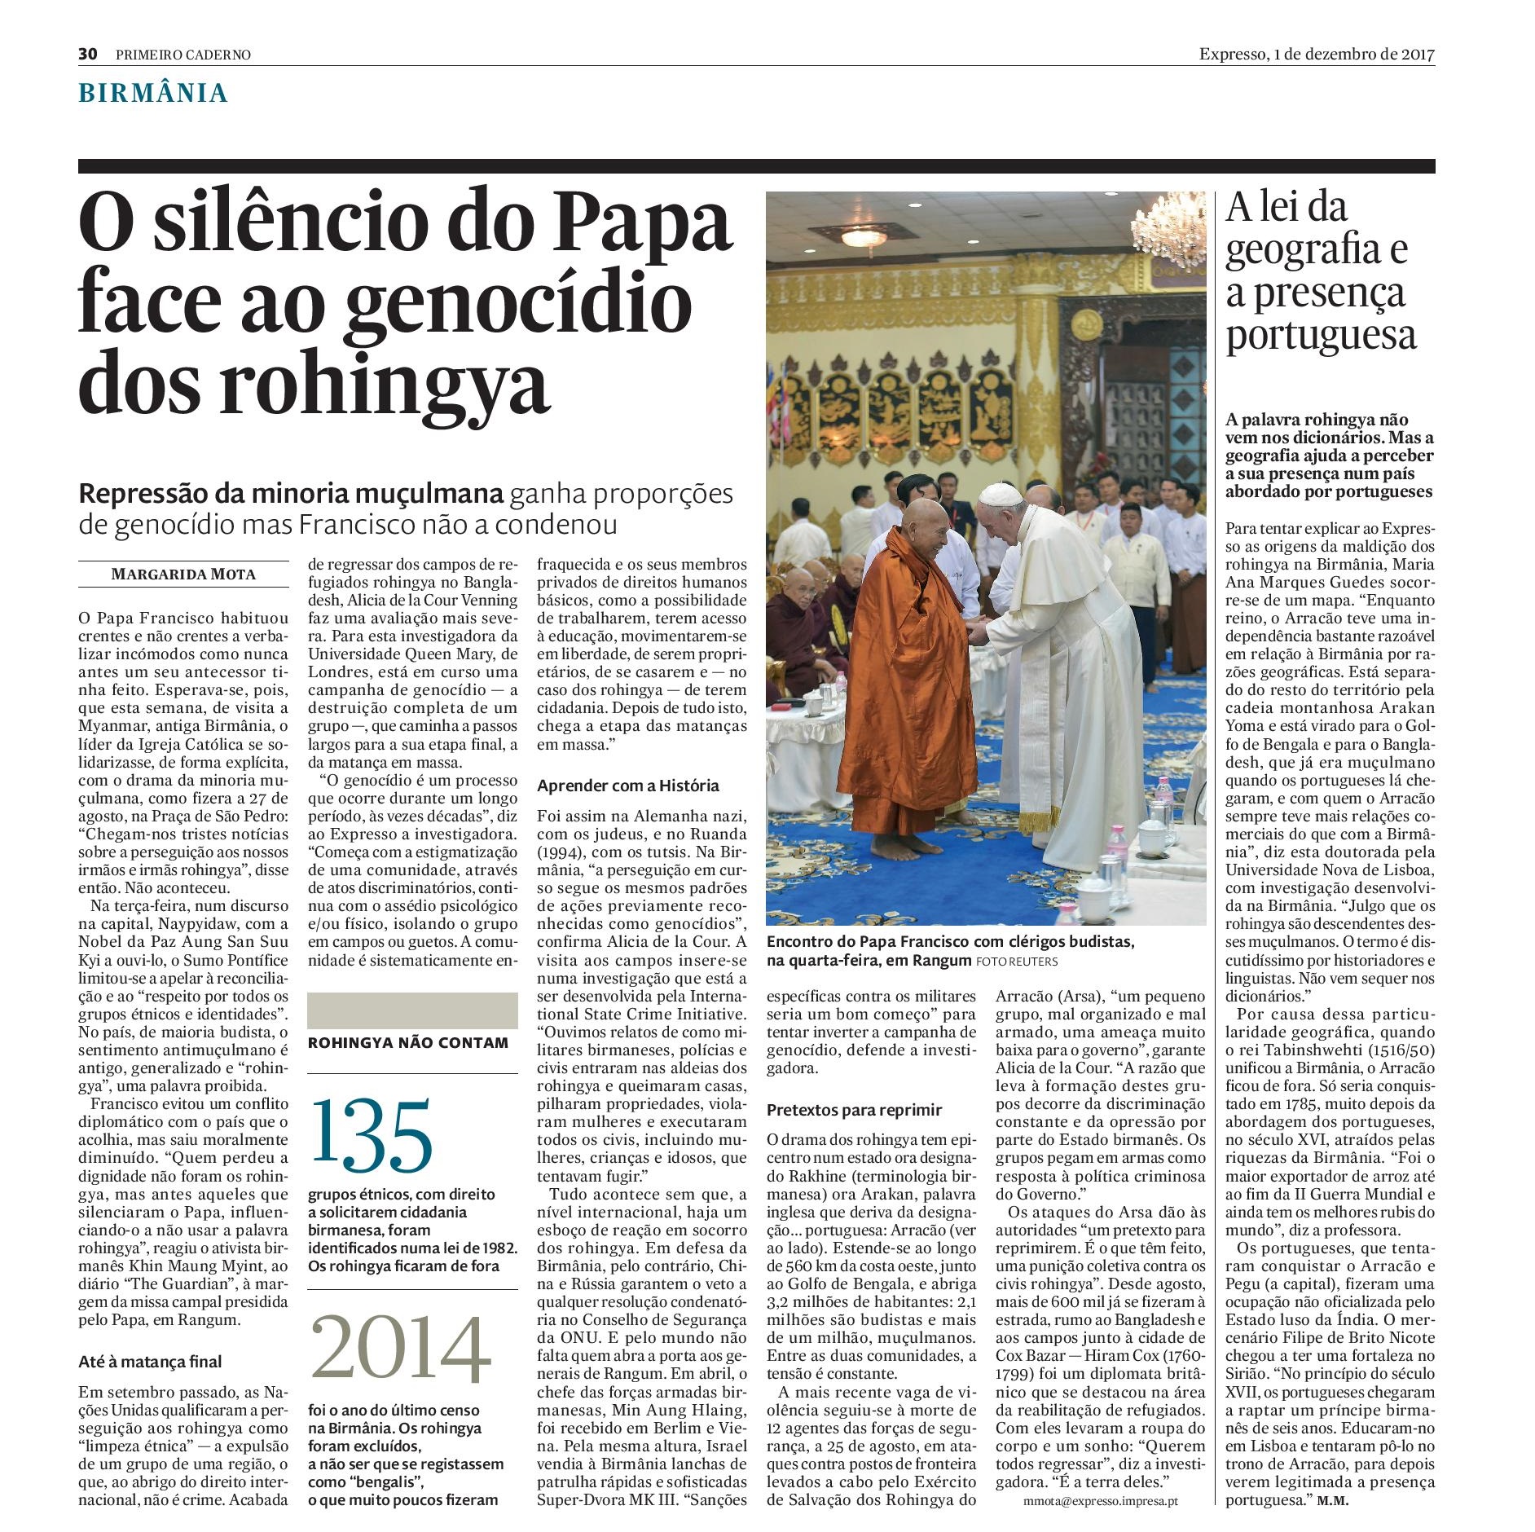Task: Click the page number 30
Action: [x=88, y=55]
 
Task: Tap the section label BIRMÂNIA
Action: [x=152, y=94]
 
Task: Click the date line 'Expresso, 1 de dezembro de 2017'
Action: [x=1316, y=55]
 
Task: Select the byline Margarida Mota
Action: [x=183, y=574]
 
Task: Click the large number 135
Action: [x=372, y=1134]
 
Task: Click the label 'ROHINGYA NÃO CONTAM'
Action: [x=408, y=1042]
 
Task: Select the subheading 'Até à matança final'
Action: [x=150, y=1362]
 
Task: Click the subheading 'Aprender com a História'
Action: [x=628, y=786]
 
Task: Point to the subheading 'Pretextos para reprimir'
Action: [x=854, y=1110]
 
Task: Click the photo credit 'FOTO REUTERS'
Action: [x=1018, y=962]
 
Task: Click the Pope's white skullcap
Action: [x=999, y=492]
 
